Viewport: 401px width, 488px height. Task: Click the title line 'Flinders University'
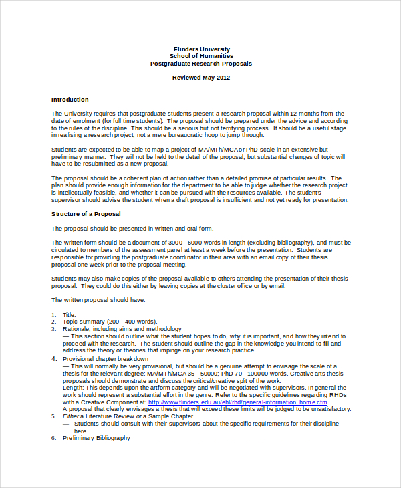point(201,49)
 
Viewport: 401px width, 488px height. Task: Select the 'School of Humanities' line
point(201,56)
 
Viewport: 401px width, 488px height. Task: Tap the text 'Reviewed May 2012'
point(201,78)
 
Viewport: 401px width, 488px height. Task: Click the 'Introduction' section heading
point(70,99)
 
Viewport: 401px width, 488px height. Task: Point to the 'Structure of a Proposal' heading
point(86,214)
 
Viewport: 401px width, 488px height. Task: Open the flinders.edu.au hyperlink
point(237,402)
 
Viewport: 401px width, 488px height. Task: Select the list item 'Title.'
point(70,314)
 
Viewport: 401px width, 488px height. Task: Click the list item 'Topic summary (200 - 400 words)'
point(110,322)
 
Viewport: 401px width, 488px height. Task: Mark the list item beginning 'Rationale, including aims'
point(122,329)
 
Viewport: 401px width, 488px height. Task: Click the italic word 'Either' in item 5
point(72,416)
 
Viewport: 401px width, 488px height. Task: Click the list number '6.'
point(54,438)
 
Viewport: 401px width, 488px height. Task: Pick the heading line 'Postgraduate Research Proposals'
point(201,64)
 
